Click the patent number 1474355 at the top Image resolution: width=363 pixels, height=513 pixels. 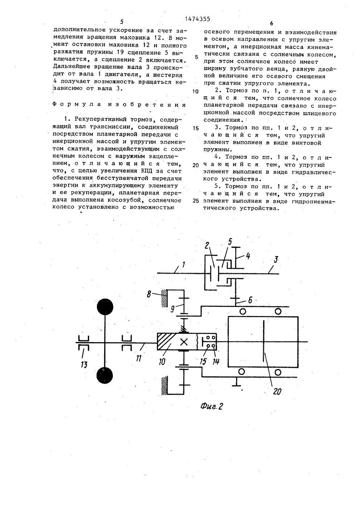click(x=197, y=19)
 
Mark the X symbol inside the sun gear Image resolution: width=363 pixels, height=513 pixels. click(x=184, y=342)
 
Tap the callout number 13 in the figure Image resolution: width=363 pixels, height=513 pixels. click(x=83, y=364)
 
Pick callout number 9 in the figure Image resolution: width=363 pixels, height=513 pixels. click(x=174, y=309)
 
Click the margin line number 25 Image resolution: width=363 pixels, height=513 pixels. click(x=196, y=201)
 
